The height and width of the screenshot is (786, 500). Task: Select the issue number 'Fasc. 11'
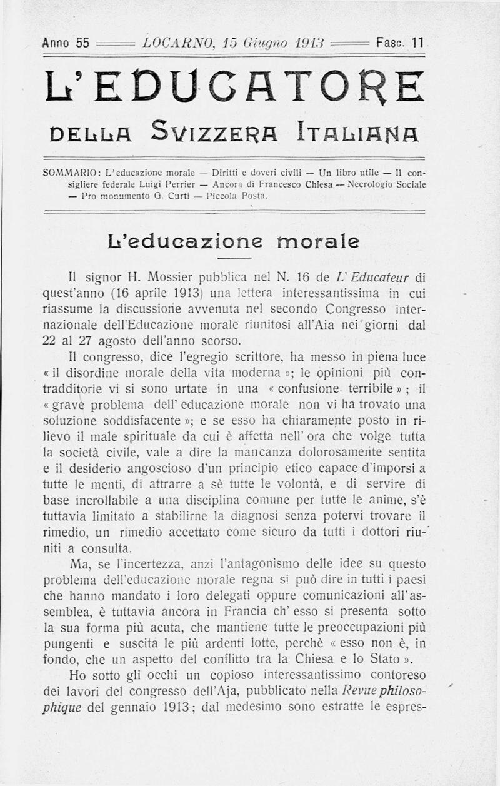click(x=400, y=43)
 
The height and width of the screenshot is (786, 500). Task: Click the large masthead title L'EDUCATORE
click(x=234, y=86)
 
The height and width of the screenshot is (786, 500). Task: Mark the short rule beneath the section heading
click(x=234, y=258)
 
